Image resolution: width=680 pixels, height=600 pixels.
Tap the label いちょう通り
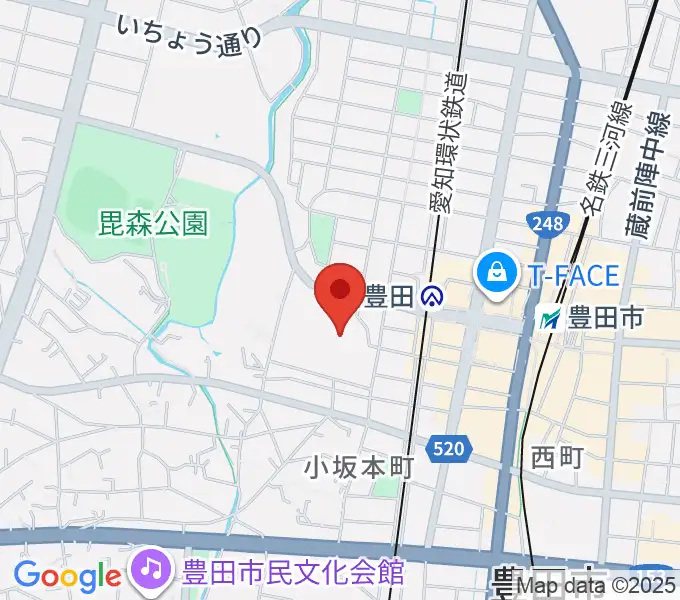[189, 33]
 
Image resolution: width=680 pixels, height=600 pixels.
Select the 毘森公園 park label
[153, 222]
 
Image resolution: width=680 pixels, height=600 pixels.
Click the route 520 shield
[449, 450]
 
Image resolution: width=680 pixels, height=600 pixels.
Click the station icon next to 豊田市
[549, 320]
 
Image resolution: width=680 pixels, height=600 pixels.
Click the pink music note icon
[151, 570]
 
